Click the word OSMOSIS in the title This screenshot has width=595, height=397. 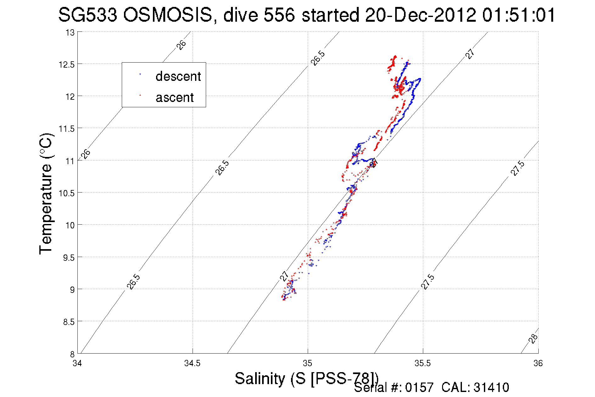pos(167,15)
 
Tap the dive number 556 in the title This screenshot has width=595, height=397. pos(279,15)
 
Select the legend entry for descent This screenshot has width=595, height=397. pos(178,76)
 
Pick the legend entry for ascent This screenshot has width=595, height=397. pos(175,98)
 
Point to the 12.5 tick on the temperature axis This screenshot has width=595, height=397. pos(66,64)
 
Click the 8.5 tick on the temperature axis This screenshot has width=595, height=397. pos(69,322)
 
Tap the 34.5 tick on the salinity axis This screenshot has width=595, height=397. pos(192,363)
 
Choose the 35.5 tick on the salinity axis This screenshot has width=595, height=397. pos(423,363)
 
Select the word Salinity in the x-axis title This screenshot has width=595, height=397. pos(260,378)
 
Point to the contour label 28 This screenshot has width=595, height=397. pos(533,338)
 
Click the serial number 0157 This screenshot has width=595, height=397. pos(419,388)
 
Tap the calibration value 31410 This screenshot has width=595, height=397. pos(491,388)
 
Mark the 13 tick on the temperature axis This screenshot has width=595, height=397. pos(70,33)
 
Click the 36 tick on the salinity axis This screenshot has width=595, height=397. pos(538,363)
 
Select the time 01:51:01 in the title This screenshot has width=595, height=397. pos(519,15)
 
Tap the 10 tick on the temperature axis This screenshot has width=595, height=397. pos(70,225)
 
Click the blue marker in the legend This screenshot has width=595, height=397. pos(140,75)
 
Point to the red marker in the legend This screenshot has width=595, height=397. pos(140,95)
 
